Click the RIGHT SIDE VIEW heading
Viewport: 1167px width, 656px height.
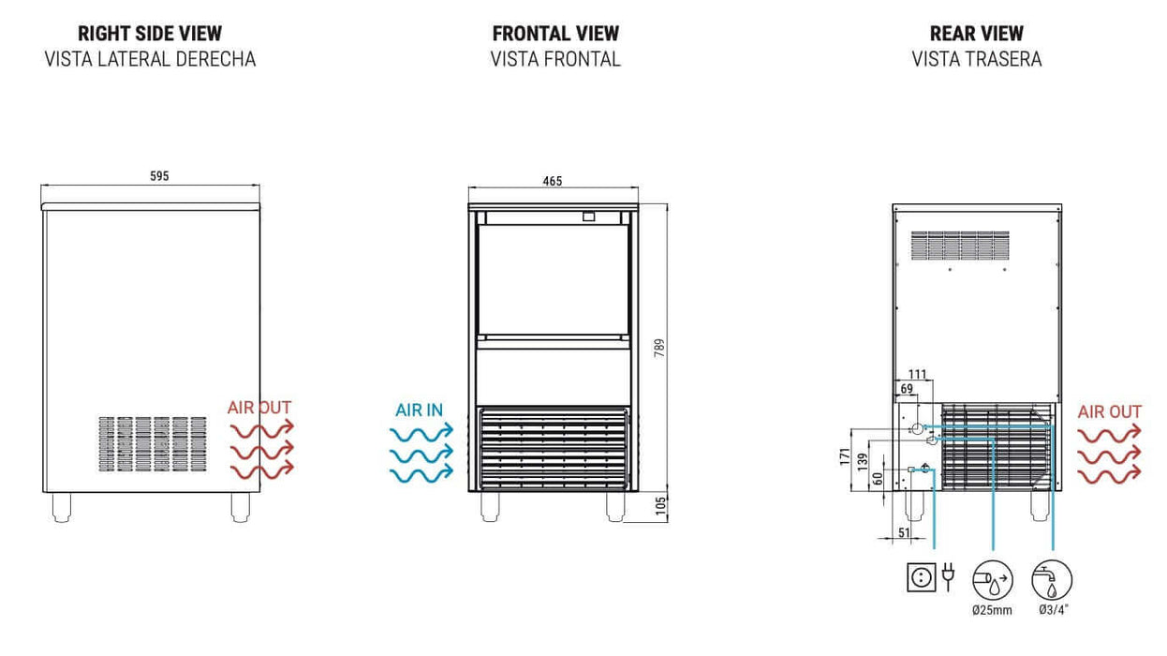point(150,34)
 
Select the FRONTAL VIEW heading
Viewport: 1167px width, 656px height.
point(555,34)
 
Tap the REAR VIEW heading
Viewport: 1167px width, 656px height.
point(976,34)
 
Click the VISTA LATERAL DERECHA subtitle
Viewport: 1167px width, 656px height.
point(150,59)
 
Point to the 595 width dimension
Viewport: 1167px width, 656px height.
point(159,176)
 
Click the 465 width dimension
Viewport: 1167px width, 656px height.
point(553,181)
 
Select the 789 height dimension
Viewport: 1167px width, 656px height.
point(659,349)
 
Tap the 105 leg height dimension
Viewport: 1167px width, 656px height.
point(660,506)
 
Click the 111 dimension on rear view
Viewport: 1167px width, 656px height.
point(918,375)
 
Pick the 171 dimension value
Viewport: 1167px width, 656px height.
point(845,456)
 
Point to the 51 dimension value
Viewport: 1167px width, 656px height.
point(904,533)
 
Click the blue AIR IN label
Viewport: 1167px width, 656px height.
point(419,410)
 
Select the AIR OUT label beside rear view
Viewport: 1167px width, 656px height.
point(1109,412)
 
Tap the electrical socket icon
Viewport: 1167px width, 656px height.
point(921,577)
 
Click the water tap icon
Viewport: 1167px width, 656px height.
point(1052,580)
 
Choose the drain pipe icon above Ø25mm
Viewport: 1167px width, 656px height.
point(993,580)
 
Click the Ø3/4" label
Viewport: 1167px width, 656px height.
point(1053,609)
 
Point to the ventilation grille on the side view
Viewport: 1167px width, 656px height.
point(153,444)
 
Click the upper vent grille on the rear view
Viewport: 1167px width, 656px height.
point(960,246)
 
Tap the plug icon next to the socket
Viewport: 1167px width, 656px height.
point(949,576)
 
